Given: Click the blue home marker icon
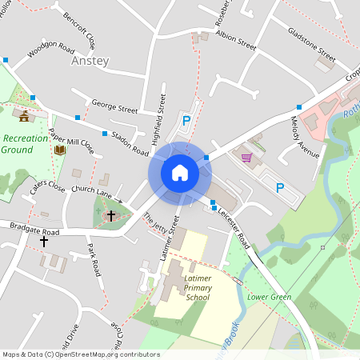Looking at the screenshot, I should point(179,172).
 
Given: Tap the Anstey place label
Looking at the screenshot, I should point(90,61).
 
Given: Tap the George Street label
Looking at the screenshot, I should point(114,106).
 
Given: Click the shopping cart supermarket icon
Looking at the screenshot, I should point(247,157).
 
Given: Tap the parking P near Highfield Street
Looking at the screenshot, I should point(186,121).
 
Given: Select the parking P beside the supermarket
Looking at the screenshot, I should point(280,188).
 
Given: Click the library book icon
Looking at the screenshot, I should point(59,149).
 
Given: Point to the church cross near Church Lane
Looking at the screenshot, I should point(110,215).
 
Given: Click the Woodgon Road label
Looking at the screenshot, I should point(50,50).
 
